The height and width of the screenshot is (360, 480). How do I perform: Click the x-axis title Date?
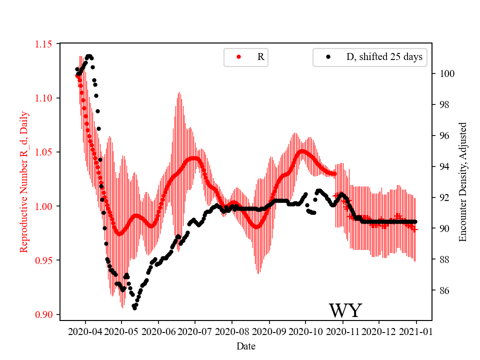pyautogui.click(x=245, y=345)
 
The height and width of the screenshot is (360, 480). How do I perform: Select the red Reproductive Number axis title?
pyautogui.click(x=23, y=182)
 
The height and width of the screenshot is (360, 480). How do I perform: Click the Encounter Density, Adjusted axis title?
pyautogui.click(x=462, y=182)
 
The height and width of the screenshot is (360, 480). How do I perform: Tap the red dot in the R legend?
pyautogui.click(x=238, y=57)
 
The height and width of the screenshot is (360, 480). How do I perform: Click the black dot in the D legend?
pyautogui.click(x=328, y=57)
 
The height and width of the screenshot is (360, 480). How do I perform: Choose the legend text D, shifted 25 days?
pyautogui.click(x=384, y=57)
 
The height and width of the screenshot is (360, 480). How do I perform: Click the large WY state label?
pyautogui.click(x=345, y=311)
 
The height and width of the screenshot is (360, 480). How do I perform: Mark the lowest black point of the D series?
pyautogui.click(x=134, y=308)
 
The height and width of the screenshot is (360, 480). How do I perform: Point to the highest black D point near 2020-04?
pyautogui.click(x=89, y=56)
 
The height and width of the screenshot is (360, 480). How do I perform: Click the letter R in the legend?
pyautogui.click(x=260, y=57)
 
